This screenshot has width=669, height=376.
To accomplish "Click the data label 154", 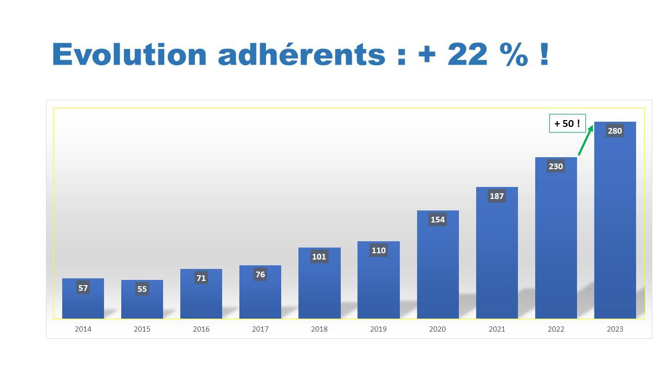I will (x=437, y=219).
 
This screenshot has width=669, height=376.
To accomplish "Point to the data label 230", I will (x=556, y=166).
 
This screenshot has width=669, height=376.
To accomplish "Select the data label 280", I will (x=615, y=131).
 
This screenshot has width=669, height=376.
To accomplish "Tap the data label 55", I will (x=142, y=289).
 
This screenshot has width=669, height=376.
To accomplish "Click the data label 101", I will (x=319, y=256).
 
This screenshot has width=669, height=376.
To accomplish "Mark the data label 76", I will (x=260, y=274).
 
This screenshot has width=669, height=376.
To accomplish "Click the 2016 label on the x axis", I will (x=201, y=329).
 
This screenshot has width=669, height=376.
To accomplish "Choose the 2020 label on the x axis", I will (x=437, y=329).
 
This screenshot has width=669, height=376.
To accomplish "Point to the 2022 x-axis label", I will (x=556, y=329).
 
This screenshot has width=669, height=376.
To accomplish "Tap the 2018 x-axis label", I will (x=319, y=329).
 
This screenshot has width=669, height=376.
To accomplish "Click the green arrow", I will (x=586, y=140).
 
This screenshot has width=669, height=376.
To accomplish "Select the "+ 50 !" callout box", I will (x=567, y=123).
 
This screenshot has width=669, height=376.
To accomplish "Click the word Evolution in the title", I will (x=130, y=54).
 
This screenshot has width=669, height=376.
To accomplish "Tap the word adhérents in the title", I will (x=302, y=54).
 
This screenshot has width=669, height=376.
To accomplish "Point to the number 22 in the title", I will (x=467, y=54).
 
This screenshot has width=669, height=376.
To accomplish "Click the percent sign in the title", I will (x=513, y=54).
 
